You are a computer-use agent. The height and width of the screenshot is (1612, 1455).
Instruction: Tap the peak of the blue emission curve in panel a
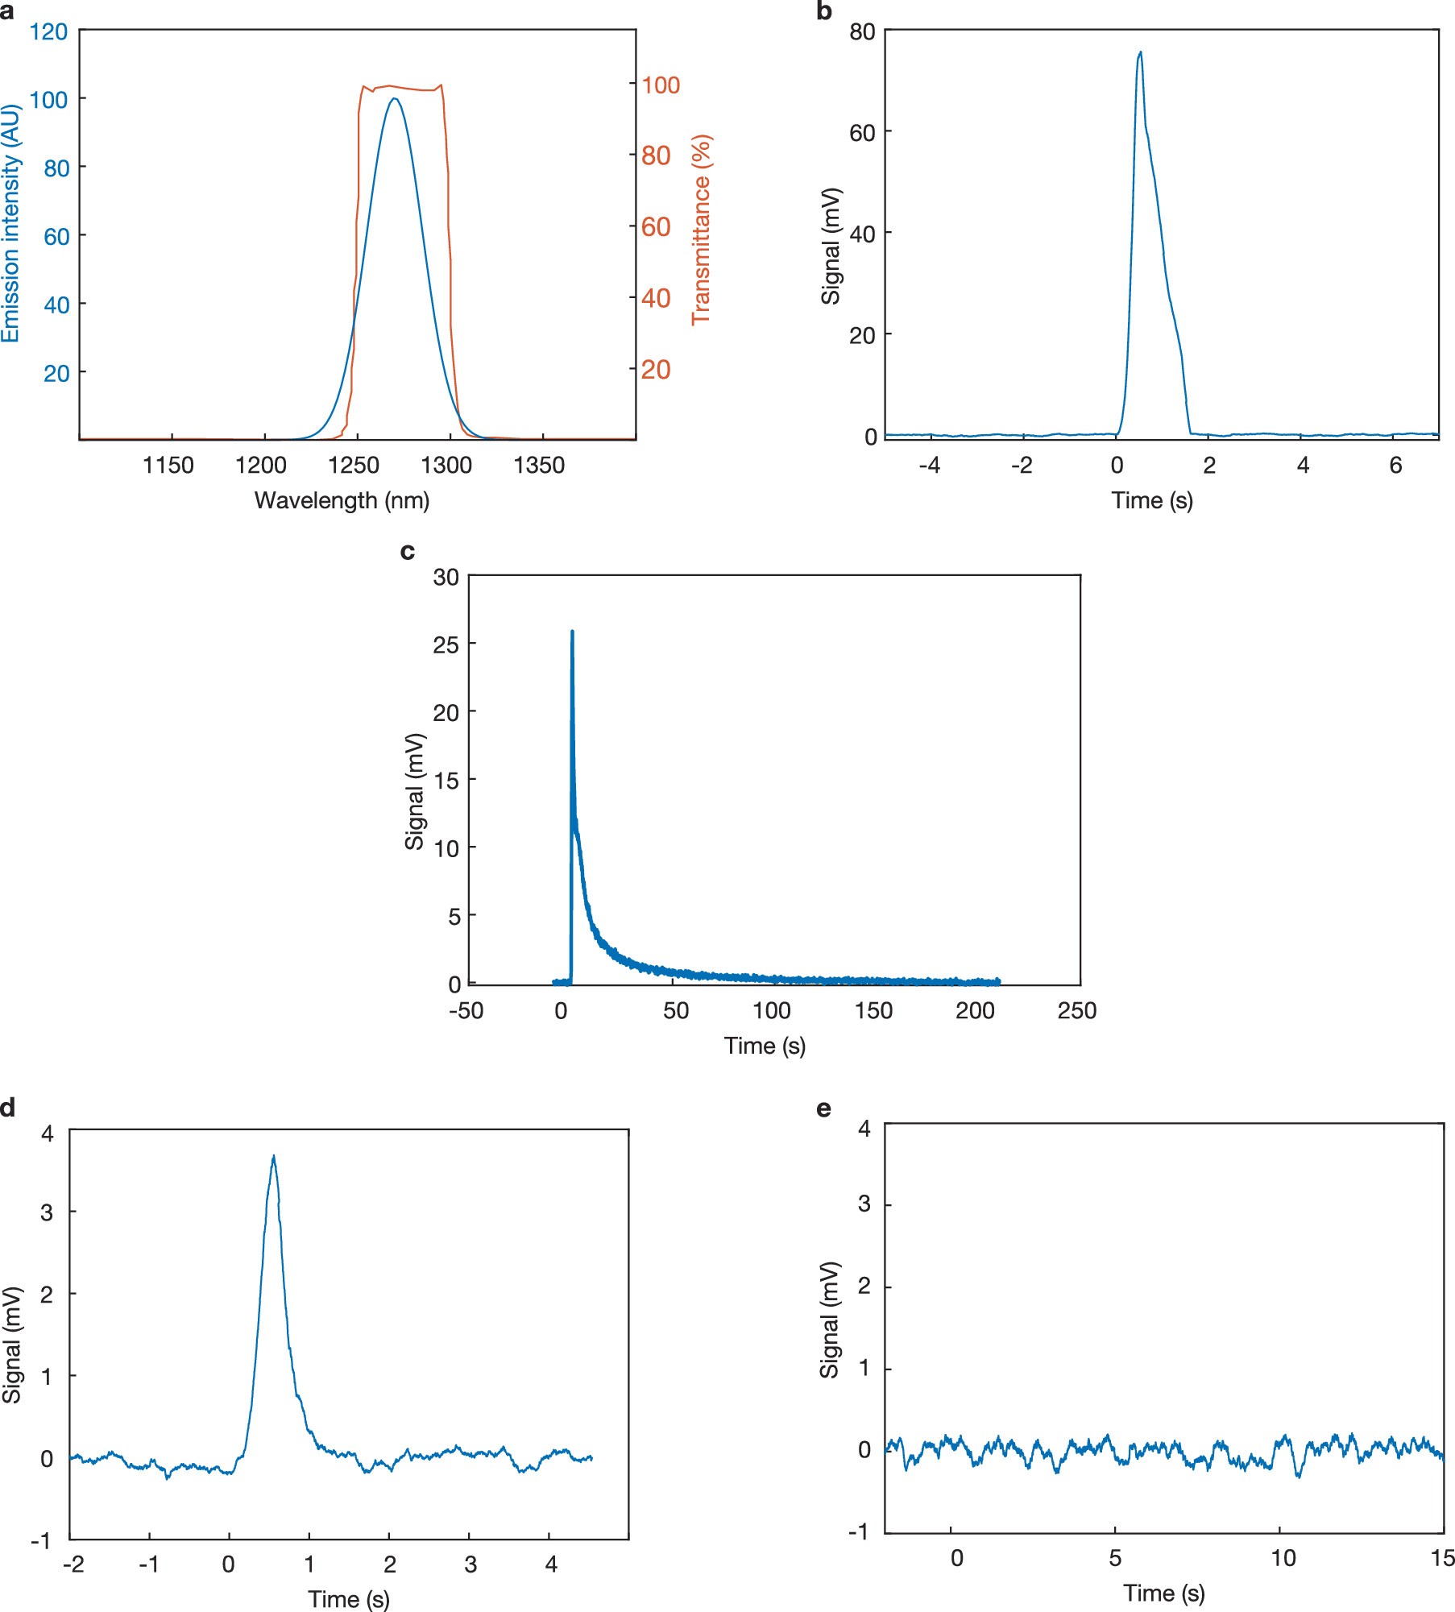tap(394, 99)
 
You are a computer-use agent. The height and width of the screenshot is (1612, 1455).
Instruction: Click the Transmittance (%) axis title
tap(702, 230)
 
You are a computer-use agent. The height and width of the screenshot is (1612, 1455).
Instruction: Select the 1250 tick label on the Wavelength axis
tap(354, 466)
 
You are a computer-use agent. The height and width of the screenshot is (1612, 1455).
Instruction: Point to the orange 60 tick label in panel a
tap(656, 227)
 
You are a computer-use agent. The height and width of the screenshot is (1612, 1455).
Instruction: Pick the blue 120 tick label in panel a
tap(48, 32)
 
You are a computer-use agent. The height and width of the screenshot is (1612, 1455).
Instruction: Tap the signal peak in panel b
tap(1140, 53)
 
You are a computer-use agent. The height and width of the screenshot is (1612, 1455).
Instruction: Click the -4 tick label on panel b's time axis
tap(929, 466)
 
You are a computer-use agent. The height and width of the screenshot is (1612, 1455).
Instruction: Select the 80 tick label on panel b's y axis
tap(862, 32)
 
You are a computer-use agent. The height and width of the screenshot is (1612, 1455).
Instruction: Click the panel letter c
tap(408, 551)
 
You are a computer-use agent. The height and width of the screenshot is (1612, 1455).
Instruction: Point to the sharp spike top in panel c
tap(572, 632)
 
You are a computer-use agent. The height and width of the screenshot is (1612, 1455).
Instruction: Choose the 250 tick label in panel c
tap(1077, 1010)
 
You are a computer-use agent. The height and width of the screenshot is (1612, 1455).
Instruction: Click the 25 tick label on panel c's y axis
tap(446, 644)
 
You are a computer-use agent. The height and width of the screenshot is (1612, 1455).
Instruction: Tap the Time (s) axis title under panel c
tap(765, 1046)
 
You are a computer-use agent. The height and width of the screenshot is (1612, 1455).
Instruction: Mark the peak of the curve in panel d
tap(274, 1157)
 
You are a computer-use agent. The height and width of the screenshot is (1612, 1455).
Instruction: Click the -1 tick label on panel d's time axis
tap(148, 1564)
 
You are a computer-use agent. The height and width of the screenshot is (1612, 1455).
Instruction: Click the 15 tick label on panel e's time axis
tap(1442, 1558)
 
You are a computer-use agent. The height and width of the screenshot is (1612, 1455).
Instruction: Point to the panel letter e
tap(823, 1109)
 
